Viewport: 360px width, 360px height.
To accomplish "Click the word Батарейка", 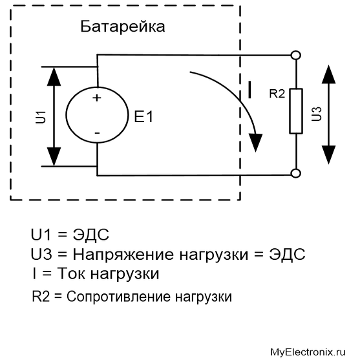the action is click(x=123, y=27).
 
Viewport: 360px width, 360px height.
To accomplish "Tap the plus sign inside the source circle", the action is click(x=97, y=98).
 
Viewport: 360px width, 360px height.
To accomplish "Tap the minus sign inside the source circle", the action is click(x=97, y=133).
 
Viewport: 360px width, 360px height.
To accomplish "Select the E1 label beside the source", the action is click(x=143, y=116).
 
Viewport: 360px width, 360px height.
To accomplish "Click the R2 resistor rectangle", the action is click(x=296, y=111).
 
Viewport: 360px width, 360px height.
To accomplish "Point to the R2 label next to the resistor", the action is click(x=277, y=94).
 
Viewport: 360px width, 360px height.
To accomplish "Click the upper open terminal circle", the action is click(x=296, y=56).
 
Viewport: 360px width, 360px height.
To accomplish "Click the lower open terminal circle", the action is click(x=296, y=173).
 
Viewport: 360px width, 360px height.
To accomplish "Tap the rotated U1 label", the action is click(x=41, y=117).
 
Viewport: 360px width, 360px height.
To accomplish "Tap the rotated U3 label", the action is click(x=317, y=114).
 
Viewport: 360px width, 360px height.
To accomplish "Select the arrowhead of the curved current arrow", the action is click(x=255, y=143).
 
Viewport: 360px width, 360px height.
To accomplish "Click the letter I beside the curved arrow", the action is click(x=249, y=90).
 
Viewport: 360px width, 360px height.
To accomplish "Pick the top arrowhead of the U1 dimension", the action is click(x=54, y=76).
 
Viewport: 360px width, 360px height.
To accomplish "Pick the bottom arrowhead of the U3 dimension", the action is click(x=328, y=154).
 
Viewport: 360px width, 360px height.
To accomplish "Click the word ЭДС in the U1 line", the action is click(x=90, y=235).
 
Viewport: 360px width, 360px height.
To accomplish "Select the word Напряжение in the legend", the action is click(x=123, y=255).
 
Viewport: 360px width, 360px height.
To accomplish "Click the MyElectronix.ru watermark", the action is click(x=308, y=352).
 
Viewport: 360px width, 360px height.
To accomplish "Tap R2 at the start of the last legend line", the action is click(x=41, y=296).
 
